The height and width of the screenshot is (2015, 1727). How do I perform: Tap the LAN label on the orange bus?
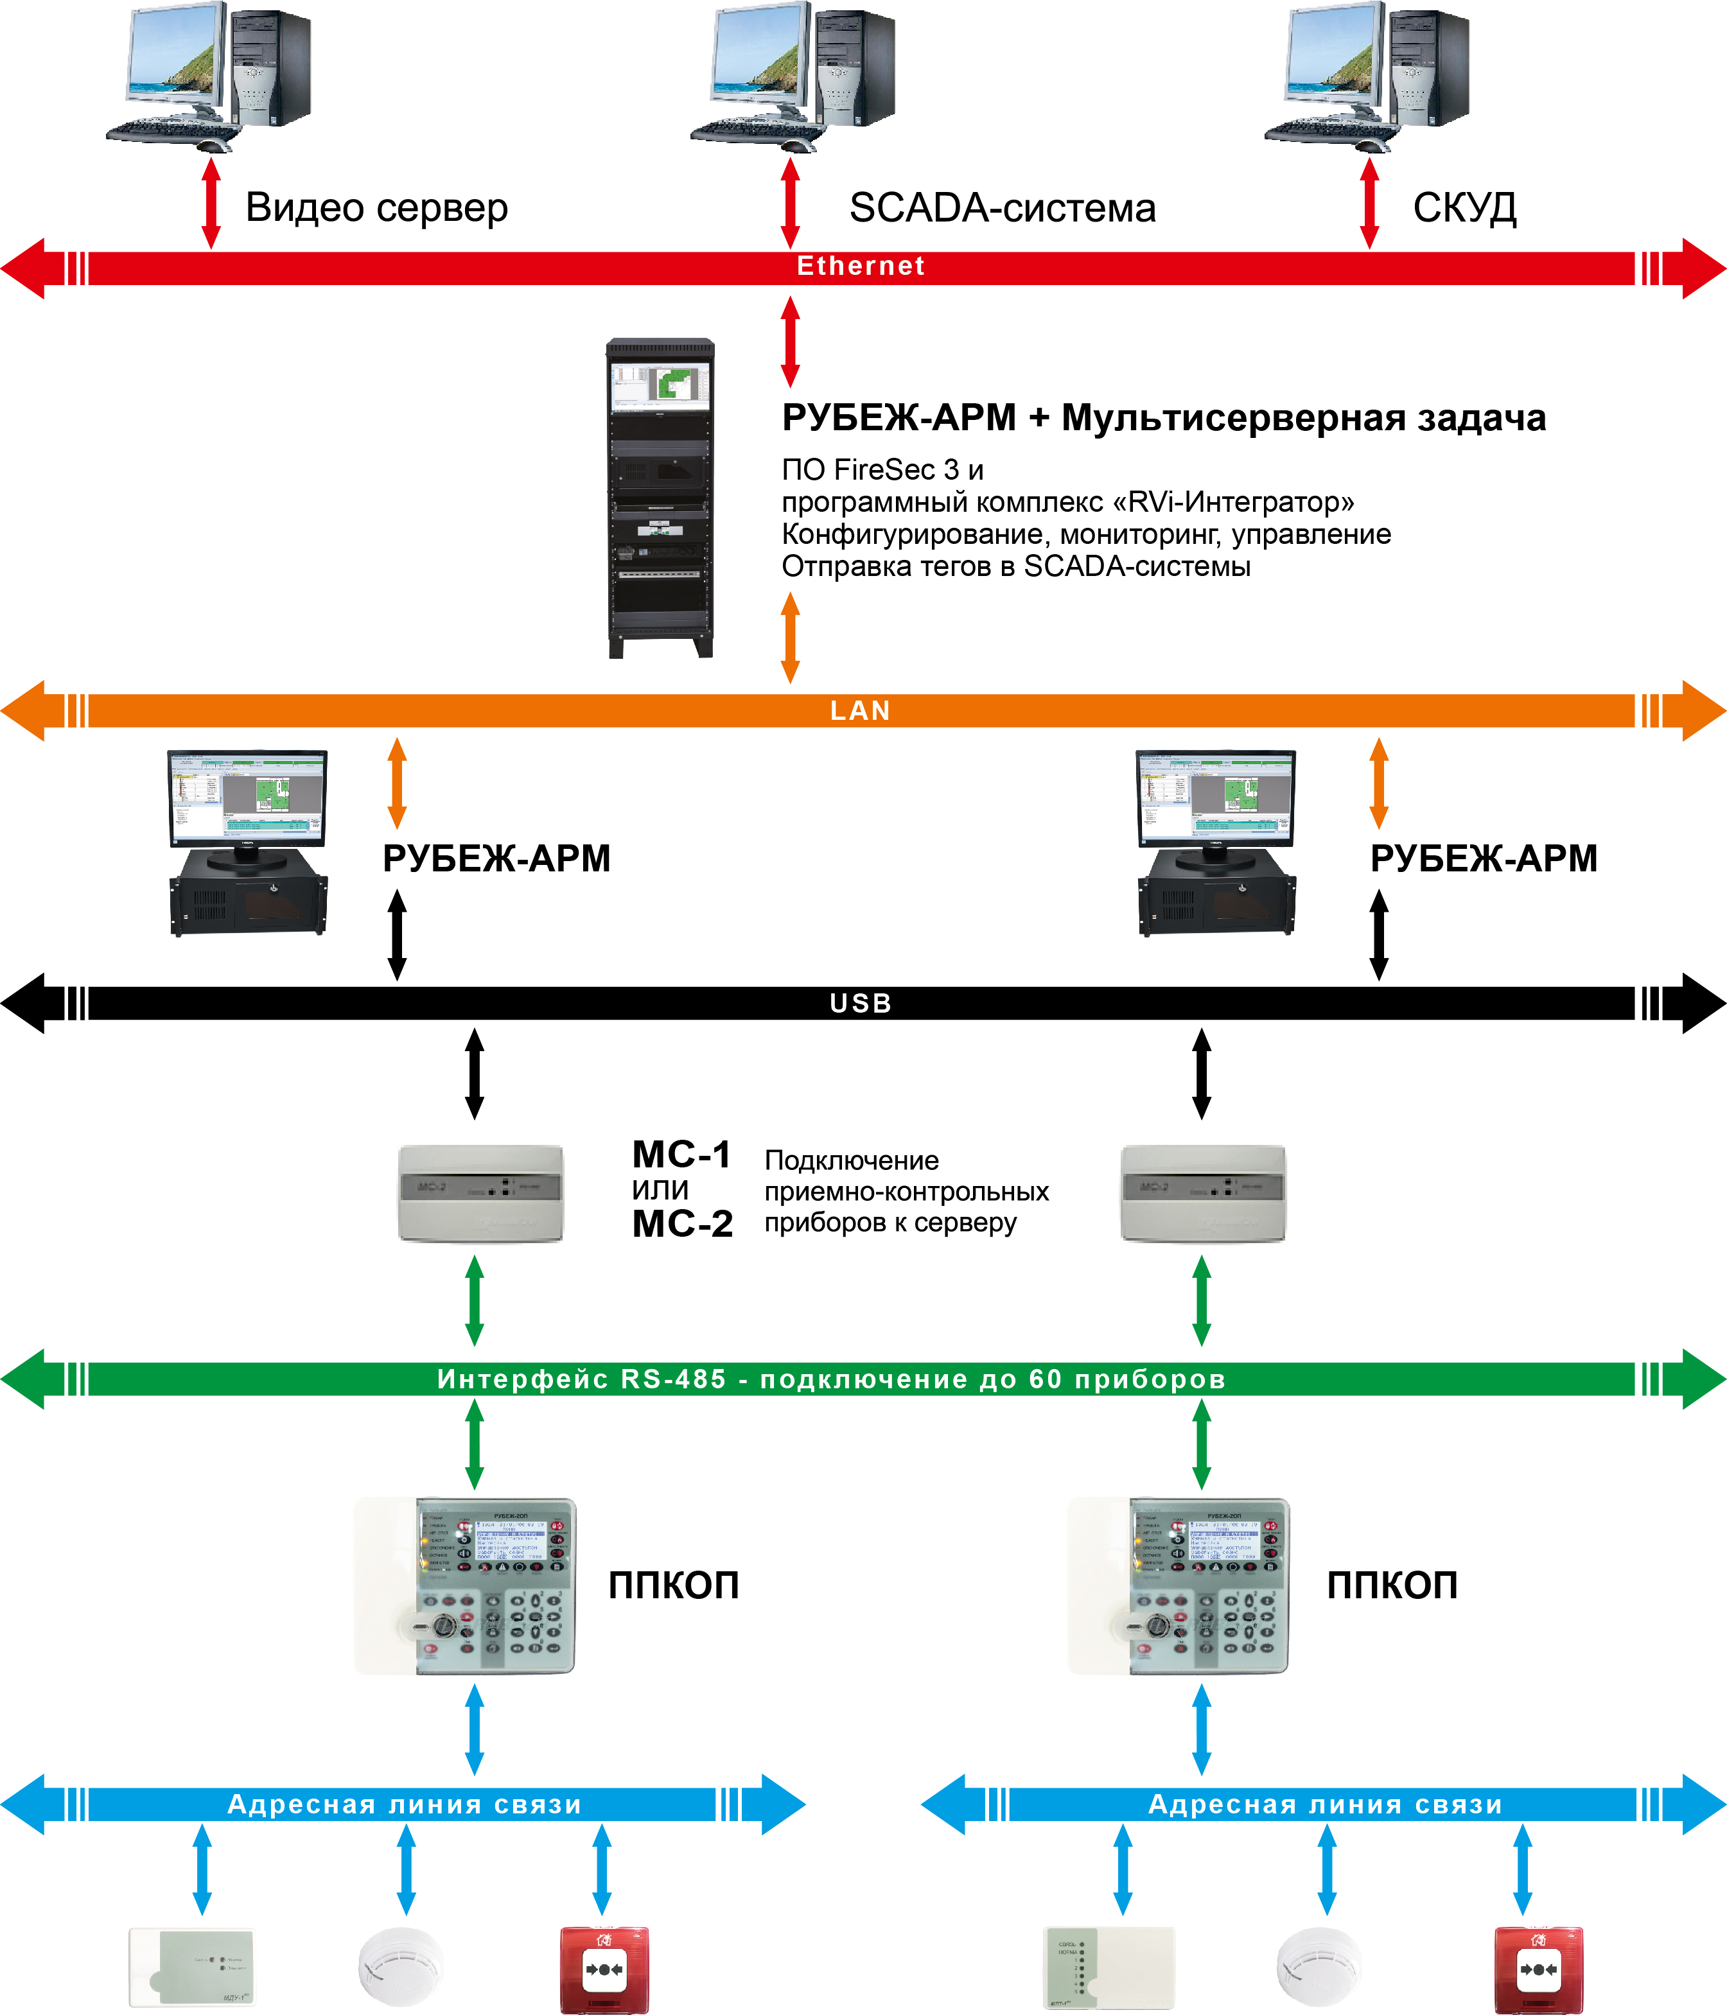coord(861,711)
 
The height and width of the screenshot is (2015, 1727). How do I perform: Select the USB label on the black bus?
coord(861,1002)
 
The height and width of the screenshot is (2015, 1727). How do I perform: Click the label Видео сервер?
coord(376,208)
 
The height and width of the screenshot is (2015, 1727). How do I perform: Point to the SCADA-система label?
coord(1003,208)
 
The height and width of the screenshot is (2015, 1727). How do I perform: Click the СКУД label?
coord(1464,208)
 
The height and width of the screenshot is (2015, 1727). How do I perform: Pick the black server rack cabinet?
coord(660,497)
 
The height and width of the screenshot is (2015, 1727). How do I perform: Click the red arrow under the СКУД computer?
coord(1369,204)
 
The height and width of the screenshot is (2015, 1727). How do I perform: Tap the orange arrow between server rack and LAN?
coord(791,637)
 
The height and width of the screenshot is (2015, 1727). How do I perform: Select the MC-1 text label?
coord(681,1155)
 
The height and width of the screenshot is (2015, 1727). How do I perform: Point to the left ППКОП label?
coord(674,1586)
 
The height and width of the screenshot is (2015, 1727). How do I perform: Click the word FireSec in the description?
coord(886,469)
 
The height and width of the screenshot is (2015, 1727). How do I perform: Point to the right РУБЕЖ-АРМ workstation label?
coord(1483,859)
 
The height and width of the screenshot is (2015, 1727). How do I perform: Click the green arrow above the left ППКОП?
coord(475,1443)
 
